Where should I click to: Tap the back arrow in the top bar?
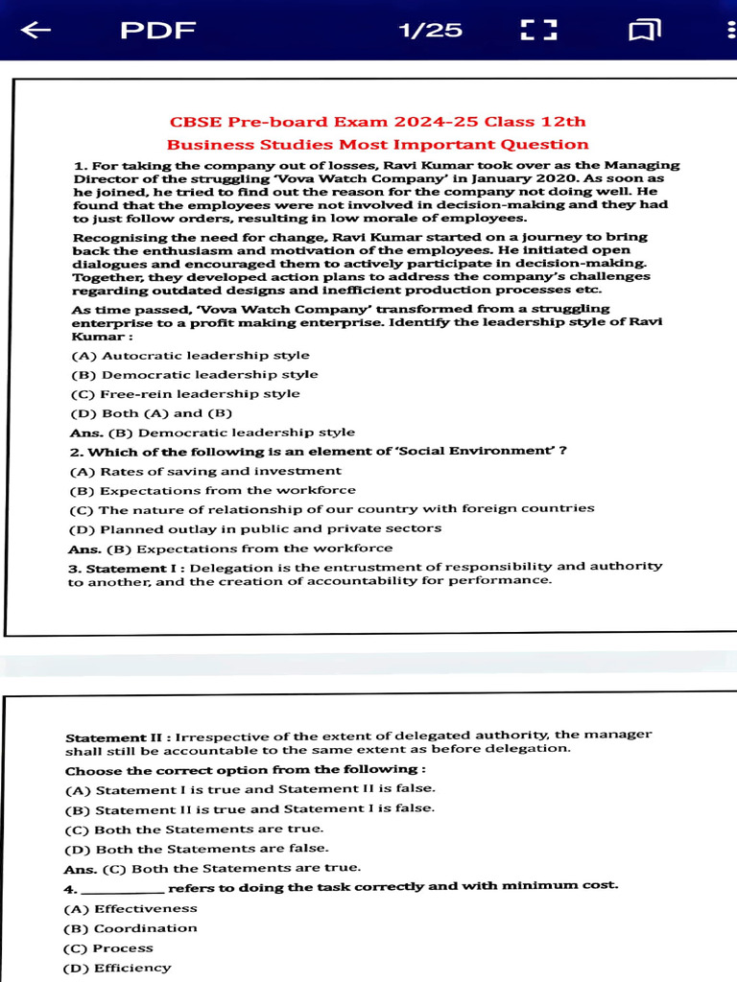tap(36, 31)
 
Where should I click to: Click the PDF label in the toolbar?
tap(157, 31)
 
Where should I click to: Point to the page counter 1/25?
tap(430, 31)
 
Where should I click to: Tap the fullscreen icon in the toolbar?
tap(538, 31)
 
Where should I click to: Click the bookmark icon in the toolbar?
tap(645, 32)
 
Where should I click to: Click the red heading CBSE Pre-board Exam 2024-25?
tap(377, 122)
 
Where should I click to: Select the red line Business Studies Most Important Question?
tap(377, 145)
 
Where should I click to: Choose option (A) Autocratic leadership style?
tap(190, 356)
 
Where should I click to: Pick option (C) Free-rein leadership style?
tap(185, 394)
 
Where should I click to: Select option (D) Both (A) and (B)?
tap(152, 413)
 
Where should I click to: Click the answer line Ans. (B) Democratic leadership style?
tap(212, 433)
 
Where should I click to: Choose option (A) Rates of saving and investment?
tap(205, 471)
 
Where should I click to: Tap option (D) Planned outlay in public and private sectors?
tap(255, 528)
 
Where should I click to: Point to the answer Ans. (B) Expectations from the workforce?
tap(230, 549)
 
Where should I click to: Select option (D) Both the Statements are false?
tap(197, 849)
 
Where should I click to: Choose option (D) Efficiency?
tap(117, 968)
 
